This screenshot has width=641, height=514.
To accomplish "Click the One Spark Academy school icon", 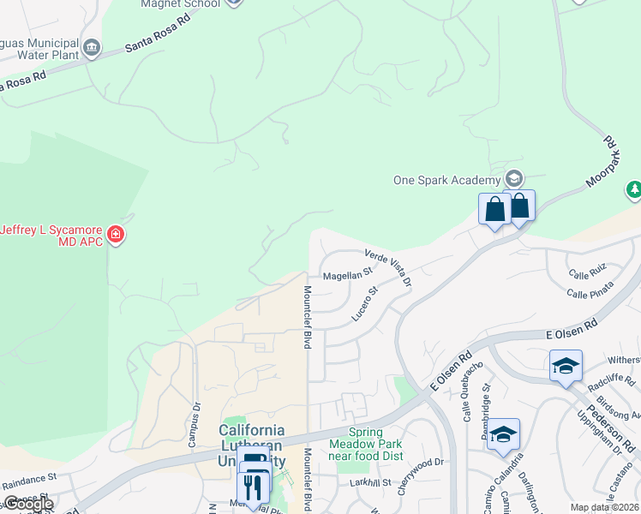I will pos(514,179).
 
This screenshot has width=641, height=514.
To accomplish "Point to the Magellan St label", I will pos(347,276).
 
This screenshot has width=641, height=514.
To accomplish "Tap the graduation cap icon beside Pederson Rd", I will pos(566,367).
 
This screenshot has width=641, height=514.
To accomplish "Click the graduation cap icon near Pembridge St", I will pos(504,433).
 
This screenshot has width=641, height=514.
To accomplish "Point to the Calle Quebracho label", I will pos(473,390).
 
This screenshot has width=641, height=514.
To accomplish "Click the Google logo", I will pos(28,504).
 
